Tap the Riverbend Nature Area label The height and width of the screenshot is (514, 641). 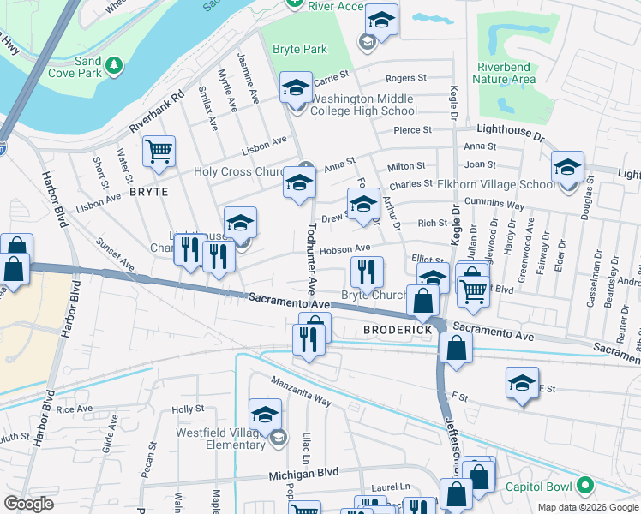506,75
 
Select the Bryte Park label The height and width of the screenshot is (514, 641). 300,49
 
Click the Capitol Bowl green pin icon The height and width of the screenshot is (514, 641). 586,486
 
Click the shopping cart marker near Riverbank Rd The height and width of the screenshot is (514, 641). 159,152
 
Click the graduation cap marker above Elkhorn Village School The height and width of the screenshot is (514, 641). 567,167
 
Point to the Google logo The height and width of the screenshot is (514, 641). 28,504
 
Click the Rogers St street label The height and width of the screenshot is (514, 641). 406,78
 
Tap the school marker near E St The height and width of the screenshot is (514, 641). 522,384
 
